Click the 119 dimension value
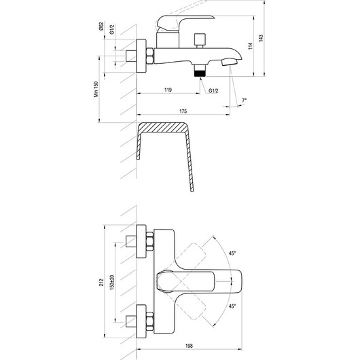pyautogui.click(x=168, y=90)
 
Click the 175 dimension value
pyautogui.click(x=183, y=111)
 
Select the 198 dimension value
pyautogui.click(x=190, y=346)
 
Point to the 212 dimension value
pyautogui.click(x=101, y=283)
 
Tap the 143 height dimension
pyautogui.click(x=261, y=38)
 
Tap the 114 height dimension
pyautogui.click(x=251, y=46)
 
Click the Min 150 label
pyautogui.click(x=96, y=89)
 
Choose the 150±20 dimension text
pyautogui.click(x=112, y=283)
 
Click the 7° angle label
pyautogui.click(x=244, y=101)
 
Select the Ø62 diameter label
pyautogui.click(x=101, y=26)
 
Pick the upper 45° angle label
pyautogui.click(x=232, y=253)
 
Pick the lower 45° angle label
pyautogui.click(x=232, y=306)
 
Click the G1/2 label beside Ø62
pyautogui.click(x=112, y=29)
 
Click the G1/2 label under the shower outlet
pyautogui.click(x=213, y=91)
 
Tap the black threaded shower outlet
pyautogui.click(x=200, y=73)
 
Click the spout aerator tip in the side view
pyautogui.click(x=230, y=62)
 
